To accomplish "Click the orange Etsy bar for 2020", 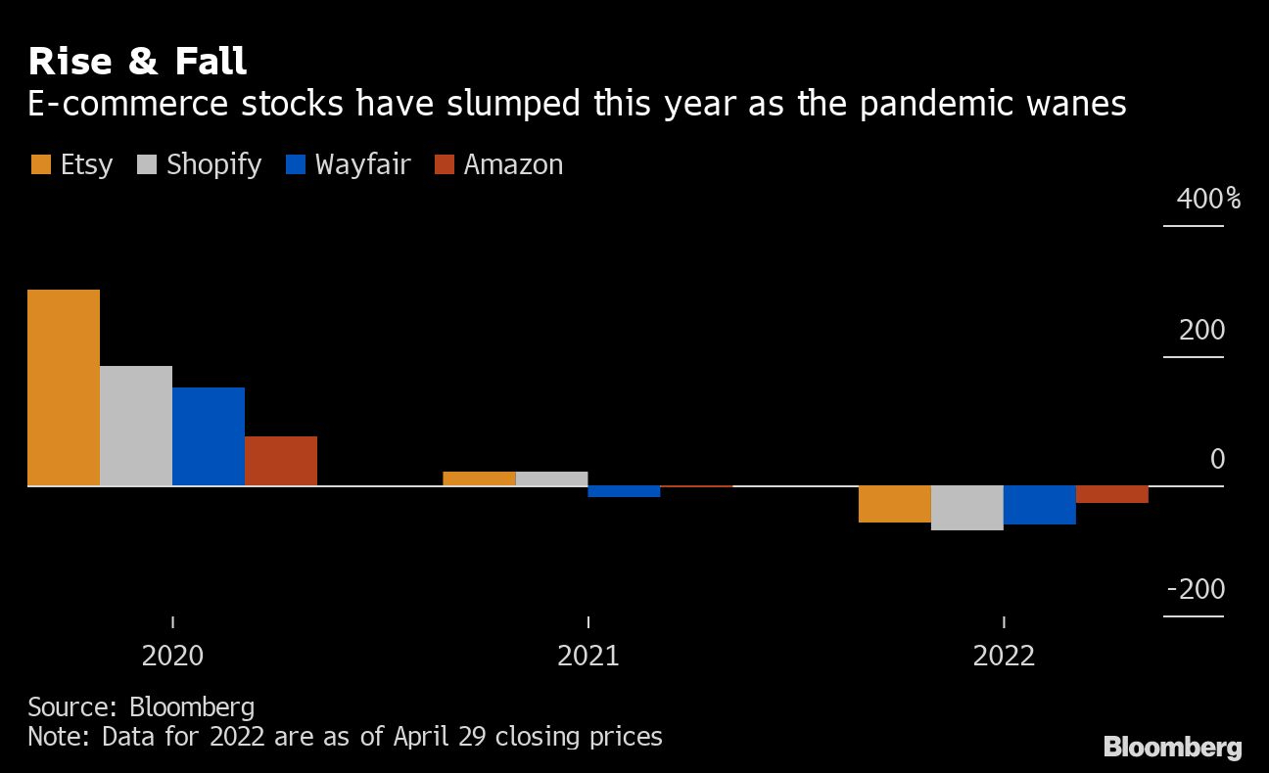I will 64,387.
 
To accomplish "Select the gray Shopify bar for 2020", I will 136,426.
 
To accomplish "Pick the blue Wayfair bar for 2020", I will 209,436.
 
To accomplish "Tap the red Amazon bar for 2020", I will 281,461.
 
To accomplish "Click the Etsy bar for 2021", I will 479,478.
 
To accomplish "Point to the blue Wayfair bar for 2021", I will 624,491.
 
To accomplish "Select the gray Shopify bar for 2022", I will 966,508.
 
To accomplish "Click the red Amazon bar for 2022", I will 1111,494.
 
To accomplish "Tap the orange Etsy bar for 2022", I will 894,504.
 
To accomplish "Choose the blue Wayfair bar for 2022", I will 1039,505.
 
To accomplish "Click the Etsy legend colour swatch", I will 40,164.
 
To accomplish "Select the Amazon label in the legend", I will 513,164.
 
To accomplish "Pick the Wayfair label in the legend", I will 362,164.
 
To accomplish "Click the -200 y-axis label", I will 1196,590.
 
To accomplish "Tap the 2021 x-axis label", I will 587,655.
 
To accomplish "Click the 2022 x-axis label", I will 1004,655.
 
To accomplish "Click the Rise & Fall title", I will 137,62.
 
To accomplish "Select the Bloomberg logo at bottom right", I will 1172,748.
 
